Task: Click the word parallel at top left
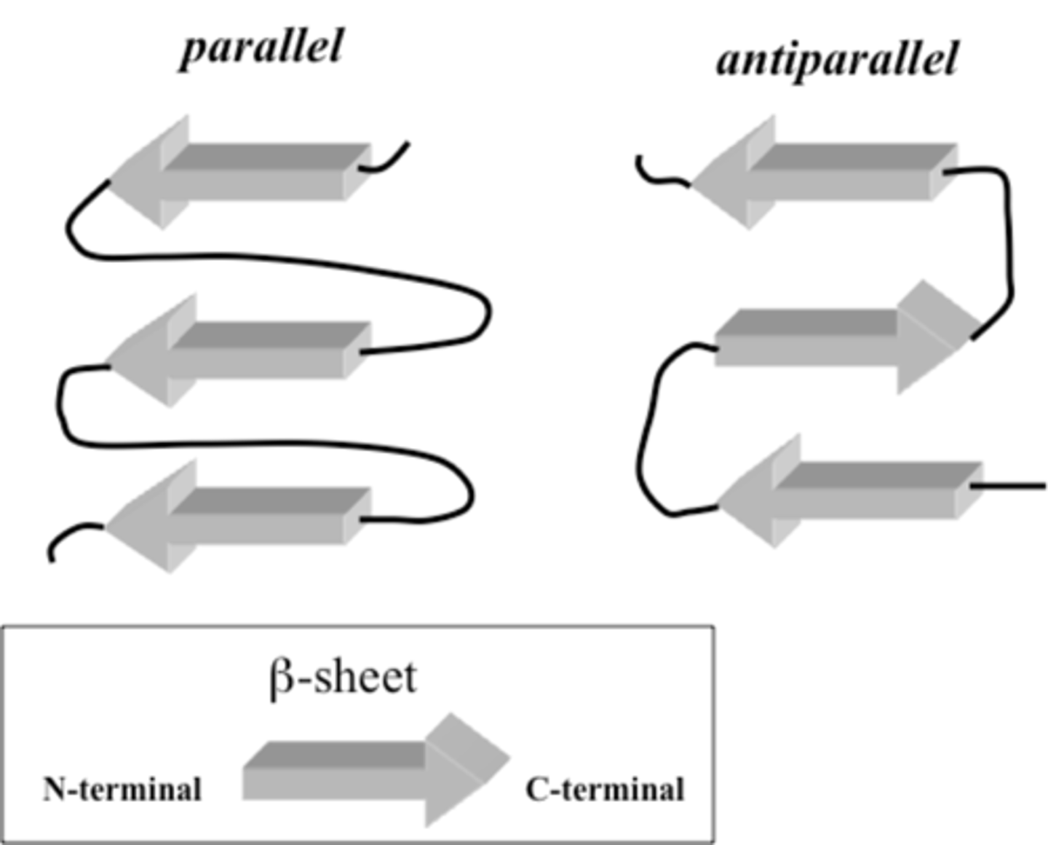tap(261, 48)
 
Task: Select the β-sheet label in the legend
tap(343, 677)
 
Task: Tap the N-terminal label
tap(122, 790)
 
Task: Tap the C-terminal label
tap(605, 790)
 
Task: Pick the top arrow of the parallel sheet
tap(240, 173)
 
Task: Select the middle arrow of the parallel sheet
tap(240, 351)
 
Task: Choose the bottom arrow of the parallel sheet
tap(240, 517)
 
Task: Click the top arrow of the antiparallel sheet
tap(822, 173)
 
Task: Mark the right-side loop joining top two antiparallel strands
tap(1009, 240)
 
